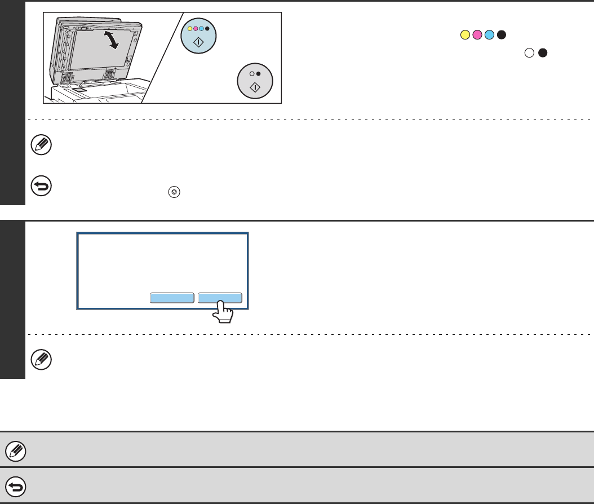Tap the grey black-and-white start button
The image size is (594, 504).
[254, 82]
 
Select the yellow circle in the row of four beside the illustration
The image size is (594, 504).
[466, 36]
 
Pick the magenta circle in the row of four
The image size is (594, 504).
[477, 36]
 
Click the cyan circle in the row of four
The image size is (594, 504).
[489, 36]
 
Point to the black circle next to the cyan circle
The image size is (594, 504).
[501, 36]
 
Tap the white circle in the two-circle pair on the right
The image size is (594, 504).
[529, 54]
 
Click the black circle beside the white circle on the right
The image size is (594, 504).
[542, 54]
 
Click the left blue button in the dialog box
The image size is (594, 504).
[172, 298]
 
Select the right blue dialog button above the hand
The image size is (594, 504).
[220, 298]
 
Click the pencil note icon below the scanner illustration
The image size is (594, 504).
[42, 145]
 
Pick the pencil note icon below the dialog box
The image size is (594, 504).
[42, 359]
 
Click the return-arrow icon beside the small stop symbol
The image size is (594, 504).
[42, 185]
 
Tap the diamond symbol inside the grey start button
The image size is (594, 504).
[254, 87]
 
